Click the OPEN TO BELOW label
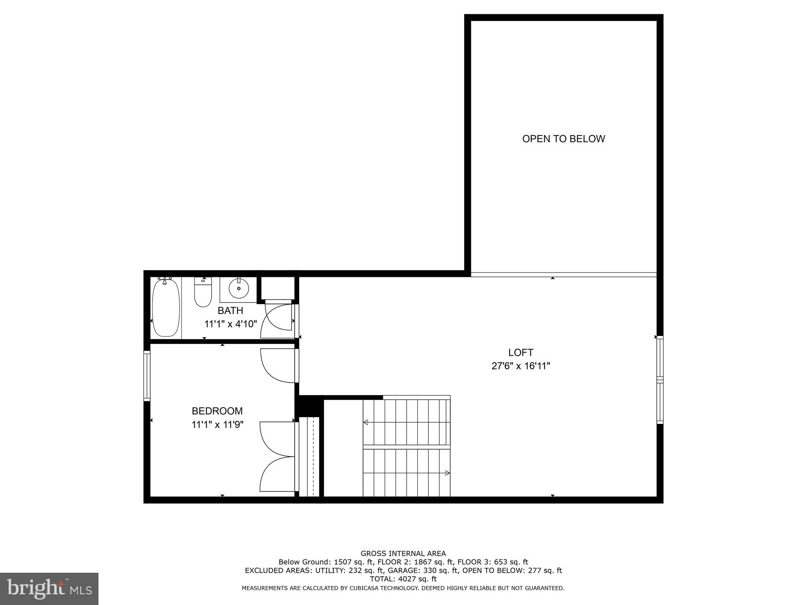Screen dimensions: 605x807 (563, 139)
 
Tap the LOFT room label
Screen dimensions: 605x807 (521, 353)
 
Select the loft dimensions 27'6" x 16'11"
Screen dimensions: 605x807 (521, 366)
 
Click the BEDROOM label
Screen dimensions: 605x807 (217, 411)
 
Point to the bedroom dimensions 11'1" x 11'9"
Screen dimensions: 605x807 (217, 425)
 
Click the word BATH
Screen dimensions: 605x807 (231, 310)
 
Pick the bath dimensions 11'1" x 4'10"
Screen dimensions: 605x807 (231, 324)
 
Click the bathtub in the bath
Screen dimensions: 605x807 (166, 307)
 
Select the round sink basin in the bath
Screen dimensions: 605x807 (239, 289)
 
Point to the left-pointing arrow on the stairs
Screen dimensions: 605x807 (366, 422)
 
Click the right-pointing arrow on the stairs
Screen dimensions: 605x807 (447, 473)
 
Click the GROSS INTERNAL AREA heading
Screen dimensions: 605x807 (403, 553)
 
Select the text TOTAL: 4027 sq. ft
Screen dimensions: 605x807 (403, 579)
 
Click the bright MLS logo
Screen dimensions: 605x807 (49, 588)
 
